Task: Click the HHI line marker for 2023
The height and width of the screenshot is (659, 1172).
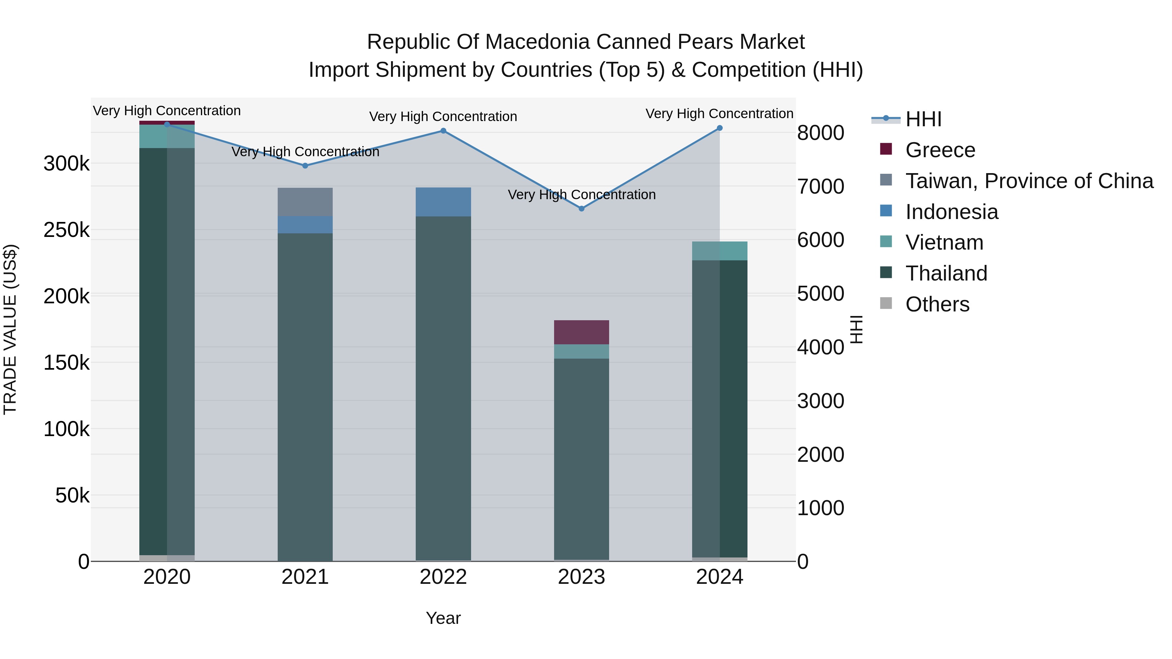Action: [581, 209]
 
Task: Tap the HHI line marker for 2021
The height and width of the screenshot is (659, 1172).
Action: [305, 166]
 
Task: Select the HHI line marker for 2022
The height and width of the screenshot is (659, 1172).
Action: [443, 131]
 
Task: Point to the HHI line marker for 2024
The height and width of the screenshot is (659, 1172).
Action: [720, 128]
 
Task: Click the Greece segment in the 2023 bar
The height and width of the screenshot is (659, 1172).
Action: [581, 333]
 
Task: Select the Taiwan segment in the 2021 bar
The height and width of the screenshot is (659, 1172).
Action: [305, 202]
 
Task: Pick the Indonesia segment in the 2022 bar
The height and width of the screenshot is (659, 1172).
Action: [443, 202]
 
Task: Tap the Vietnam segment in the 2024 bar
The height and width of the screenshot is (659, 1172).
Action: [720, 251]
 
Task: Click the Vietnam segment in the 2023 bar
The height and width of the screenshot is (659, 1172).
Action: [581, 351]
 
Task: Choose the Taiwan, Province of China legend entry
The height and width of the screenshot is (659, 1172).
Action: [1017, 181]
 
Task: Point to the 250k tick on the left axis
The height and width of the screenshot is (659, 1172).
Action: [67, 230]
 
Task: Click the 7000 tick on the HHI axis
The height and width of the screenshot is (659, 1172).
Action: [821, 186]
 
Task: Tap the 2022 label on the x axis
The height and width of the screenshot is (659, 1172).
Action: [443, 577]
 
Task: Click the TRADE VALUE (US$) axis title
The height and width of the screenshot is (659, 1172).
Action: [10, 330]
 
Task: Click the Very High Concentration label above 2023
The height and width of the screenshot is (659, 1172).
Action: [581, 195]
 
